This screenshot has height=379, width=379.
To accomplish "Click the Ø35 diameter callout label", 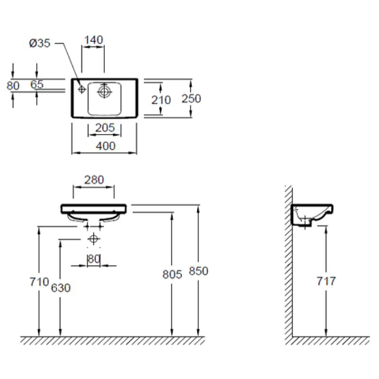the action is click(40, 43).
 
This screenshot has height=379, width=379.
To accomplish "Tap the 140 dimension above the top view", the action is click(93, 40).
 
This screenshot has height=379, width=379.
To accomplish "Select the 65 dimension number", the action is click(37, 84).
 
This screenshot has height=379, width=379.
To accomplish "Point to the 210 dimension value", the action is click(161, 100).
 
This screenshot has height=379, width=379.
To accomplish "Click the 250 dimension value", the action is click(191, 99).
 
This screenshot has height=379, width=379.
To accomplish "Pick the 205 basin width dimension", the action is click(105, 128).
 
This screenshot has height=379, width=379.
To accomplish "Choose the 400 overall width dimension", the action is click(106, 146).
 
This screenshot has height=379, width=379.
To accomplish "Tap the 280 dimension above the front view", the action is click(94, 180).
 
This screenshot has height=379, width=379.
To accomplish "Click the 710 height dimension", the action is click(39, 282).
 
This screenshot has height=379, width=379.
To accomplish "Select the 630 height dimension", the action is click(61, 288).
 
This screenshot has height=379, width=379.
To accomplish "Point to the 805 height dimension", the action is click(172, 275).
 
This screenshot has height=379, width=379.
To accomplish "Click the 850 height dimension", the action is click(199, 271).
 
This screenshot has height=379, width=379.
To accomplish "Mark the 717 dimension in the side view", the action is click(326, 281).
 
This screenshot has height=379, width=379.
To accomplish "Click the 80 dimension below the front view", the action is click(94, 259).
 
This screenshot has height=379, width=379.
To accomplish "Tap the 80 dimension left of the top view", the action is click(13, 86).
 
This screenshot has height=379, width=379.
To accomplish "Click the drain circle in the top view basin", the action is click(104, 91).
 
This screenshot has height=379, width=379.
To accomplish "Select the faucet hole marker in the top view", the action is click(81, 90).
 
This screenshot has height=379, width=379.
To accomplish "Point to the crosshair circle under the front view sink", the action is click(93, 239).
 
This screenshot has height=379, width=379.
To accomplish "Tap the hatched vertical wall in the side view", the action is click(289, 261).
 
